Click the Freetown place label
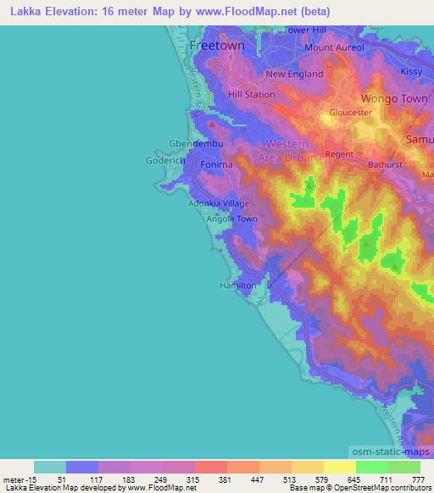point(217,45)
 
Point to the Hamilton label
point(237,286)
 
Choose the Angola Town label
point(231,219)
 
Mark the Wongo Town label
point(398,99)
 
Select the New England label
point(295,74)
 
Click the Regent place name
point(338,154)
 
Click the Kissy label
point(410,72)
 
